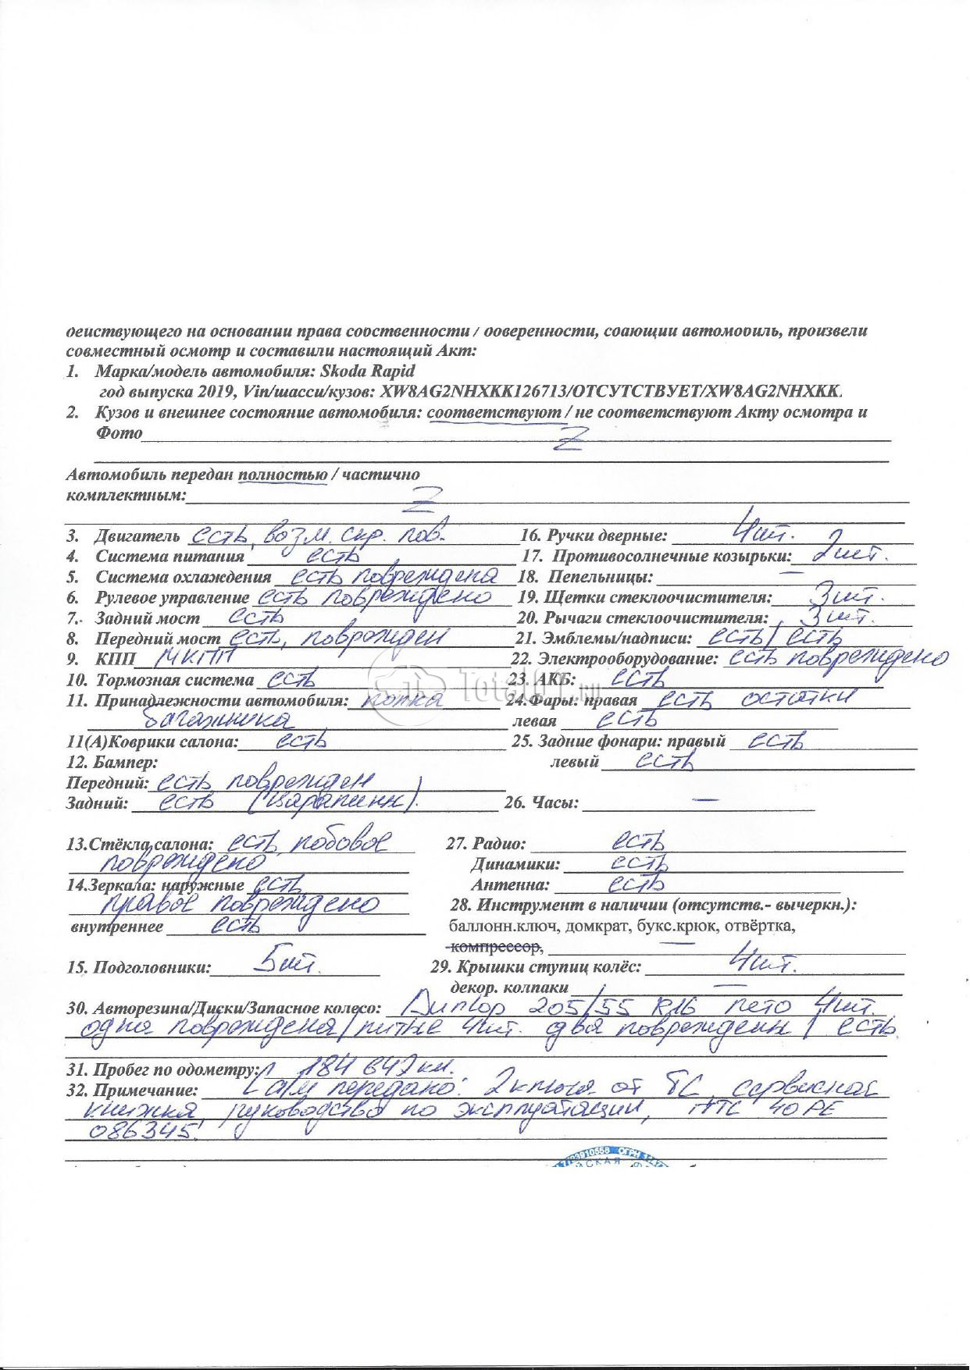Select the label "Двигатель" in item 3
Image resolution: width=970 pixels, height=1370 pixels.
coord(137,537)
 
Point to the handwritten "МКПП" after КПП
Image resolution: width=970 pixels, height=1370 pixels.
coord(190,658)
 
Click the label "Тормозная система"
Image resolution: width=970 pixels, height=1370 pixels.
coord(174,680)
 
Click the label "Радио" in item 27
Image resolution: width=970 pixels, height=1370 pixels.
coord(499,845)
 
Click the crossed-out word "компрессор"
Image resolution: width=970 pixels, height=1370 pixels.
coord(495,947)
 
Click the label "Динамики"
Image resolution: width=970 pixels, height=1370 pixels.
coord(515,865)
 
